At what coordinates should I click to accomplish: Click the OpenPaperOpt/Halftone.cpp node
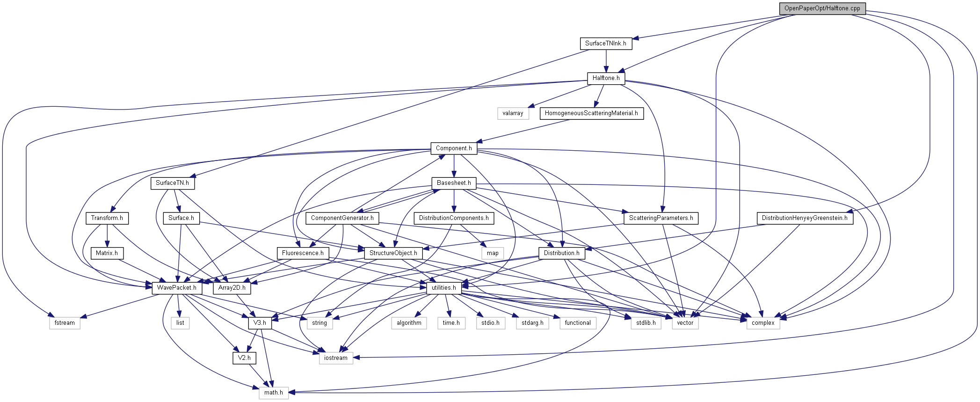[x=822, y=8]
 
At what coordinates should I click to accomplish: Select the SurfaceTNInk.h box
[x=606, y=44]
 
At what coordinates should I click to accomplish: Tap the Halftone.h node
[x=606, y=78]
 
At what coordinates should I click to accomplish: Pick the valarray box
[x=513, y=113]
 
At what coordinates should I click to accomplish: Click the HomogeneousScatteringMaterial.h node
[x=591, y=113]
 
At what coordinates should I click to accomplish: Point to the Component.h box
[x=454, y=148]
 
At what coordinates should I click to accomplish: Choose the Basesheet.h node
[x=454, y=183]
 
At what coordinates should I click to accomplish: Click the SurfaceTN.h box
[x=172, y=183]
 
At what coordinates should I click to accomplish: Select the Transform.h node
[x=107, y=218]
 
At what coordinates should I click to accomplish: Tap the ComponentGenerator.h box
[x=342, y=218]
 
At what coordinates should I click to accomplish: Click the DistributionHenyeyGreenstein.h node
[x=805, y=218]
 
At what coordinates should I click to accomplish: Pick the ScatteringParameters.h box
[x=661, y=218]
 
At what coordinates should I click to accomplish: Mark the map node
[x=493, y=253]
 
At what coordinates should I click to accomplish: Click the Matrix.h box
[x=107, y=253]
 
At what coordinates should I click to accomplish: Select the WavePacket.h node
[x=177, y=288]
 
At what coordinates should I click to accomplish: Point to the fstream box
[x=65, y=323]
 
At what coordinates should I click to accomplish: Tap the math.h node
[x=274, y=393]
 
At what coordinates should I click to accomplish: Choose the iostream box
[x=336, y=358]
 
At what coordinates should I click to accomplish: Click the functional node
[x=578, y=323]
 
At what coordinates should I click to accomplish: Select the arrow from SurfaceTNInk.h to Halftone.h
[x=606, y=61]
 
